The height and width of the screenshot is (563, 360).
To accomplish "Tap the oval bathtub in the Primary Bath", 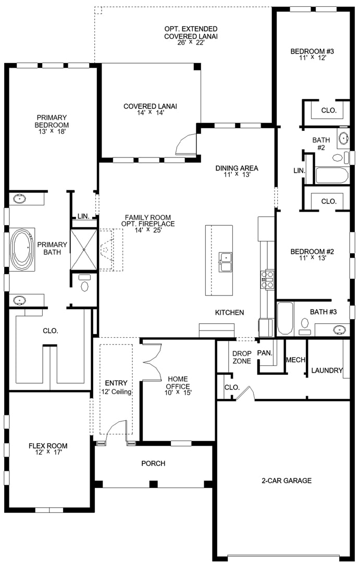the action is [x=22, y=249].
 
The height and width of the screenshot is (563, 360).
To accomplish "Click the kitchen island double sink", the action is [x=226, y=262].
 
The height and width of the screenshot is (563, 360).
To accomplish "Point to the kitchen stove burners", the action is [x=267, y=279].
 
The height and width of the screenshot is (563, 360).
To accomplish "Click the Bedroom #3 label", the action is [x=312, y=54].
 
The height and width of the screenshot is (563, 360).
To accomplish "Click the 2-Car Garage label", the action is [x=287, y=481].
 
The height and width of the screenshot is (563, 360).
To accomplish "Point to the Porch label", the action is [x=153, y=463].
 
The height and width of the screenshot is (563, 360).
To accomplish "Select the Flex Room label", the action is [x=48, y=449].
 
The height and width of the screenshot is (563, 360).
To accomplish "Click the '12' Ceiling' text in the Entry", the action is [x=116, y=391].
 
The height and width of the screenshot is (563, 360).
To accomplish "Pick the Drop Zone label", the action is [x=242, y=357].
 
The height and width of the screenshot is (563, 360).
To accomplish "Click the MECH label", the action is [x=296, y=360].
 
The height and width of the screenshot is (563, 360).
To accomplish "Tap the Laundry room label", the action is [x=327, y=370].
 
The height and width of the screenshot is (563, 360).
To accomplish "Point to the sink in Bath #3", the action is [x=339, y=329].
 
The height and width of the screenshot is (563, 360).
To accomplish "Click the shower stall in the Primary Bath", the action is [x=84, y=249].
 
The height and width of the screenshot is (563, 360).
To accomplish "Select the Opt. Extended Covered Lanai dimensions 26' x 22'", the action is [x=191, y=42].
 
